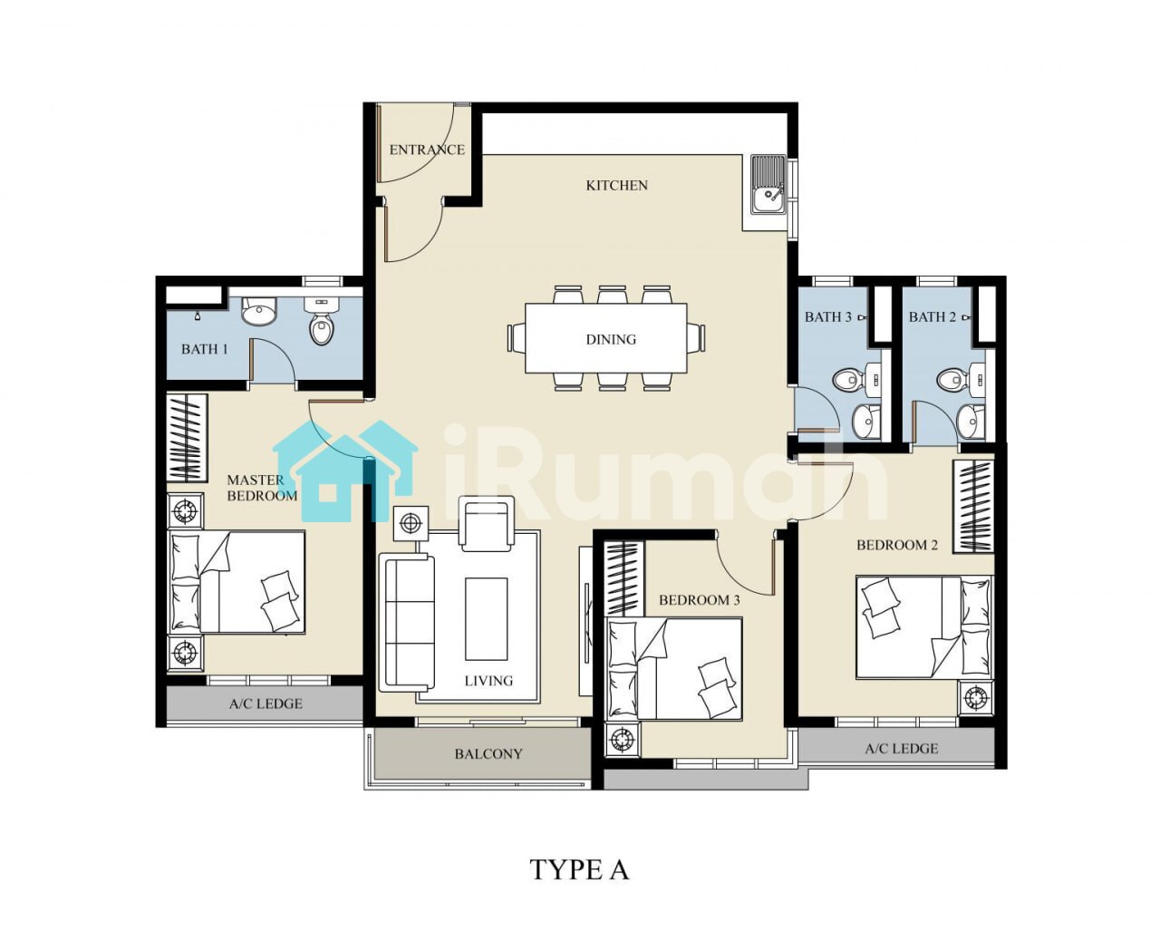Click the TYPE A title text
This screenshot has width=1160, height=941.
coord(579,869)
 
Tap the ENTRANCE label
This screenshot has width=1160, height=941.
coord(427,150)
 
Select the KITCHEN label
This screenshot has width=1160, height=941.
coord(616,185)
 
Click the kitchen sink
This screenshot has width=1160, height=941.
coord(768,185)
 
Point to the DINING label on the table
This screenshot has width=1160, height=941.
coord(611,339)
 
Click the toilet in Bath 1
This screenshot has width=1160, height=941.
coord(322,322)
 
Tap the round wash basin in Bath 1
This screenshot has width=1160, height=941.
coord(259,312)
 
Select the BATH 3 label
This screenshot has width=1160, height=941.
coord(827,316)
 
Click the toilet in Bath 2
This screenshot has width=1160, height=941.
coord(952,379)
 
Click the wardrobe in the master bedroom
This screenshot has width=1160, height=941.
coord(187,438)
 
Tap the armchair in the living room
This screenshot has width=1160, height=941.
coord(487,523)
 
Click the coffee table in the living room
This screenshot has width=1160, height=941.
coord(486,619)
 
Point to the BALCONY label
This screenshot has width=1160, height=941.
coord(488,754)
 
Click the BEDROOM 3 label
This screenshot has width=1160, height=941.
coord(700,600)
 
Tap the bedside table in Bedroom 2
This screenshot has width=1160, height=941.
coord(976,697)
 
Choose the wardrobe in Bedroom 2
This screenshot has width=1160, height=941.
coord(973,507)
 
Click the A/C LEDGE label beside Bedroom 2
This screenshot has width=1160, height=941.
coord(902,749)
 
